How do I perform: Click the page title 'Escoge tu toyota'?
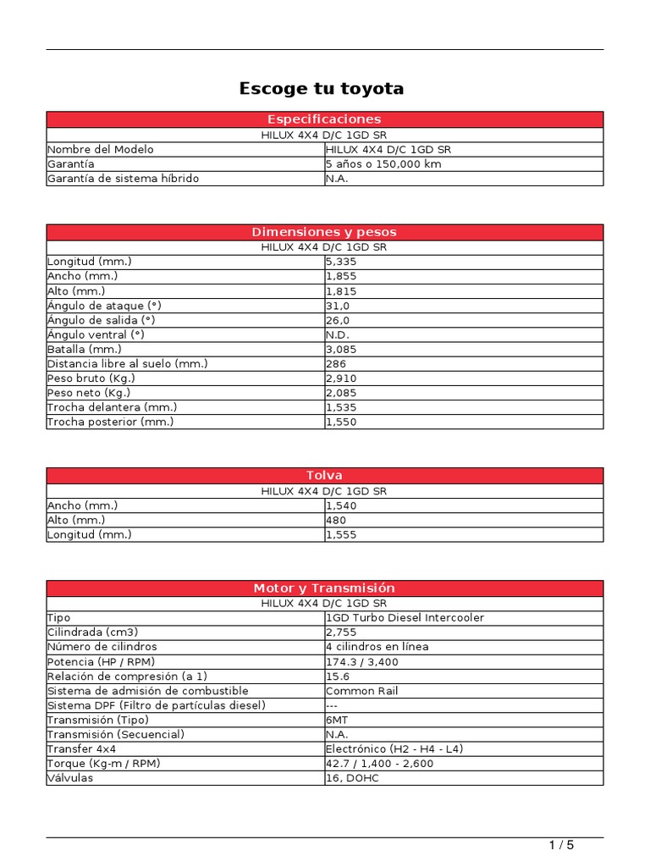point(322,88)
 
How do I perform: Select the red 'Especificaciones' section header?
point(324,119)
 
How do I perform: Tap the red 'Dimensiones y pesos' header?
point(324,232)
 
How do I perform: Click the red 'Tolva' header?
point(324,476)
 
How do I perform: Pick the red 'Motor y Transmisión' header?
point(324,588)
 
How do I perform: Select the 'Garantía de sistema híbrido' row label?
point(124,179)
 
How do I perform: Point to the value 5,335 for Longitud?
point(341,262)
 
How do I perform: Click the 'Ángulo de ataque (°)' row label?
point(103,306)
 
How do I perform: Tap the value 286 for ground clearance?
point(336,364)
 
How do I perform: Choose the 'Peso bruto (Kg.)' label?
point(91,378)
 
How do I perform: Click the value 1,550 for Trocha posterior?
point(341,422)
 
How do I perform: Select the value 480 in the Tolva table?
point(336,521)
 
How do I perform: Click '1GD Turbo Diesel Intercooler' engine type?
point(405,618)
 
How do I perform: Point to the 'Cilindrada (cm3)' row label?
point(93,632)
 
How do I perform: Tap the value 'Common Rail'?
point(361,691)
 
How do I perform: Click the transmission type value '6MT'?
point(337,720)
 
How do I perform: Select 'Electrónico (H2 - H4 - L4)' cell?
point(394,749)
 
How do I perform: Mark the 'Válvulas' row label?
point(70,778)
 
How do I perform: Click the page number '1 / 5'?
point(561,845)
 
